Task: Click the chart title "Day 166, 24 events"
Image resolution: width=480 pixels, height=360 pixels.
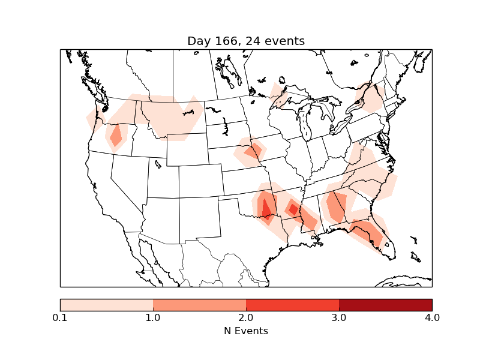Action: click(x=246, y=41)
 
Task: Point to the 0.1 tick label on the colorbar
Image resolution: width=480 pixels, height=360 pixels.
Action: click(x=60, y=317)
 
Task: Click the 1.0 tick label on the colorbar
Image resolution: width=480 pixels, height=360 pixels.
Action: click(x=153, y=317)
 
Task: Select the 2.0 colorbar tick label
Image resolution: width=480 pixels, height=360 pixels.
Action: click(x=246, y=317)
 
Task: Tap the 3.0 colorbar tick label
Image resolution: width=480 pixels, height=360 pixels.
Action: click(x=339, y=317)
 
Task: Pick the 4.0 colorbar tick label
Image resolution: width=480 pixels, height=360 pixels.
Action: click(x=432, y=317)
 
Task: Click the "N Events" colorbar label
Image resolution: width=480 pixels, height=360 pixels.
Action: click(x=246, y=331)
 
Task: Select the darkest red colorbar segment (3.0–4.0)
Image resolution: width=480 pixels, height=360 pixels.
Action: click(x=385, y=305)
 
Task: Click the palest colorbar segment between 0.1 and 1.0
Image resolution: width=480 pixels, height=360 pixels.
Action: click(x=106, y=305)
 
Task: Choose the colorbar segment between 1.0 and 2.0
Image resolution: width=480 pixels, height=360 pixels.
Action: click(x=199, y=305)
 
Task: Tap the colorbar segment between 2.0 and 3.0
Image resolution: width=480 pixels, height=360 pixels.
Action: click(x=292, y=305)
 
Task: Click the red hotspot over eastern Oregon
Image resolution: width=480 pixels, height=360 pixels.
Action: click(x=115, y=136)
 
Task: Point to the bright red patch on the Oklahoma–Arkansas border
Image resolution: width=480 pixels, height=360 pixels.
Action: click(x=266, y=210)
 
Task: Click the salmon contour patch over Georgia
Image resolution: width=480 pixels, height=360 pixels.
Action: click(x=336, y=207)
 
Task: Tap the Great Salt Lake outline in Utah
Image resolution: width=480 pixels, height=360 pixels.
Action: click(x=157, y=163)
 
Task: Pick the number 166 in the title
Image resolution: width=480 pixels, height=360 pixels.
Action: click(x=225, y=41)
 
